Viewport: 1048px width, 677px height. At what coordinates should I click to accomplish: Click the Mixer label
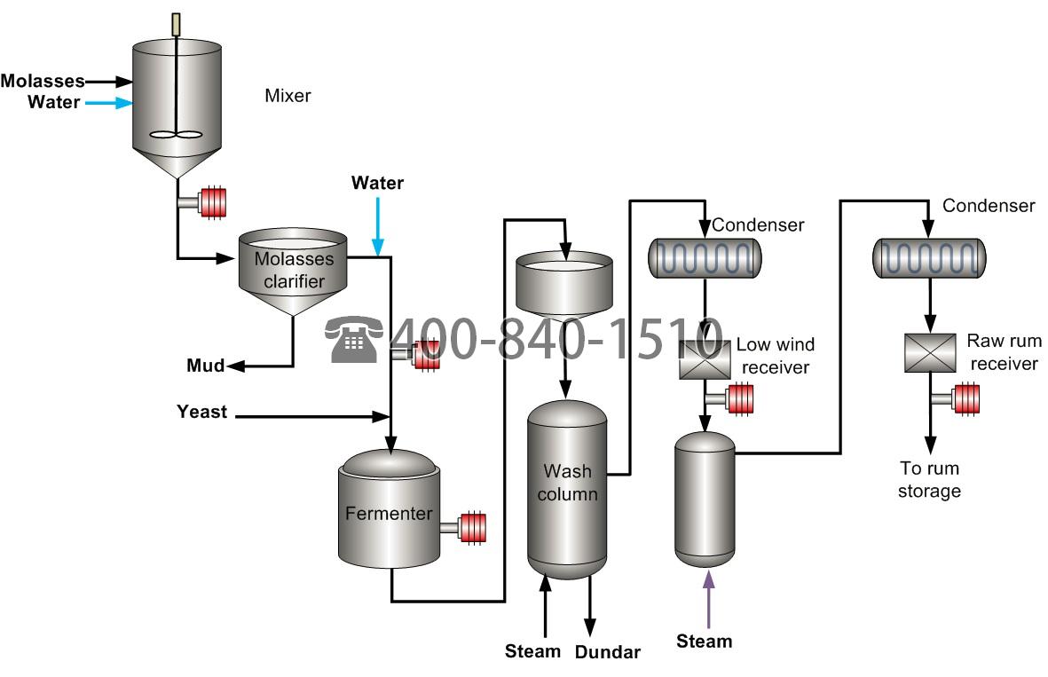[x=288, y=95]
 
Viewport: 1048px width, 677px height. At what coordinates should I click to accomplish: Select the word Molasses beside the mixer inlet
[x=42, y=82]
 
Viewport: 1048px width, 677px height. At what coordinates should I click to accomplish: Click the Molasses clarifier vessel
[x=293, y=271]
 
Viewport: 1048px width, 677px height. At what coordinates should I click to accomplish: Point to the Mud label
[x=205, y=366]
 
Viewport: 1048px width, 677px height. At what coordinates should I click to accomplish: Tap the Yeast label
[x=201, y=412]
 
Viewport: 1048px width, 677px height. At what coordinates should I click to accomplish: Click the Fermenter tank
[x=389, y=512]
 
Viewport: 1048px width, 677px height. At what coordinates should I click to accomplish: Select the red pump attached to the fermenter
[x=471, y=527]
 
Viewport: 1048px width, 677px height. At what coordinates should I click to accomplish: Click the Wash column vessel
[x=567, y=488]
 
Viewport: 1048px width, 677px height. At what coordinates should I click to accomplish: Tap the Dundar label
[x=607, y=653]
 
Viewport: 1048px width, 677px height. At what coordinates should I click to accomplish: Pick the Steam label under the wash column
[x=532, y=651]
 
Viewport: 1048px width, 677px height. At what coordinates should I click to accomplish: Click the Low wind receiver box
[x=705, y=360]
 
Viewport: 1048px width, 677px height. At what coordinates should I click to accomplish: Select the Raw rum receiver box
[x=929, y=352]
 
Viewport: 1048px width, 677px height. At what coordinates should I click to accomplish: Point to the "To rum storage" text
[x=929, y=479]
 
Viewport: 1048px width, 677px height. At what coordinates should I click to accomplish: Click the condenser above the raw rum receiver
[x=929, y=258]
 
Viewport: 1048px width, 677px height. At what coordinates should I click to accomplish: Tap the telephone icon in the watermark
[x=354, y=341]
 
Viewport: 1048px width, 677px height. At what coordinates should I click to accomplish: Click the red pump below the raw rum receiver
[x=965, y=398]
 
